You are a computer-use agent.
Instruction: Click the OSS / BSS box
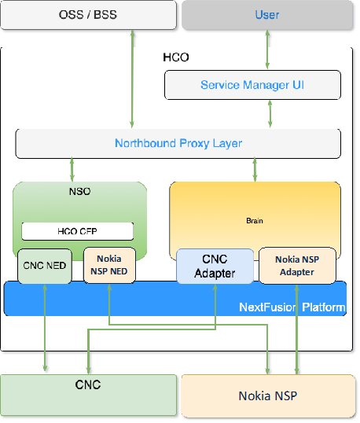click(88, 15)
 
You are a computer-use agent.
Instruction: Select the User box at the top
click(267, 15)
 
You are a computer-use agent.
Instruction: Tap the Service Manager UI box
click(252, 85)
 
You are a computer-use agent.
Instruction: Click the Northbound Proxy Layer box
click(178, 143)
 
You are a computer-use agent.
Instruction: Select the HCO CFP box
click(76, 231)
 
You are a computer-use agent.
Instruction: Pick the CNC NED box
click(44, 266)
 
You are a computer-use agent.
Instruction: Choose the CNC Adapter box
click(215, 266)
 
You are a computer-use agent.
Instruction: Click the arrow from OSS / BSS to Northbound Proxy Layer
click(132, 79)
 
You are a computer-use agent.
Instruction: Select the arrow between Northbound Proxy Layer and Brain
click(255, 169)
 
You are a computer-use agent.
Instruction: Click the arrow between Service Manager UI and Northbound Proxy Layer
click(271, 114)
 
